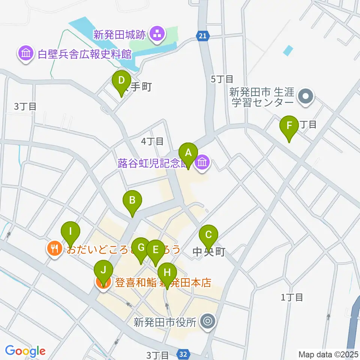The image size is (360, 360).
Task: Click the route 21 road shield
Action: coord(202,36)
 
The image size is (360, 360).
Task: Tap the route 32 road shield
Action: coord(183,354)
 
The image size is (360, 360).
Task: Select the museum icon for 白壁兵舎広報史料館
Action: coord(25,54)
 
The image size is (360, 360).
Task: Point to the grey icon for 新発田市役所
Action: coord(207,321)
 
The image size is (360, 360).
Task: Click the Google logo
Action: coord(25,351)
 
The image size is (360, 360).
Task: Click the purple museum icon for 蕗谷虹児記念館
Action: coord(202,163)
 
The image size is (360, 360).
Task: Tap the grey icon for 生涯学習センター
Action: coord(306,96)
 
